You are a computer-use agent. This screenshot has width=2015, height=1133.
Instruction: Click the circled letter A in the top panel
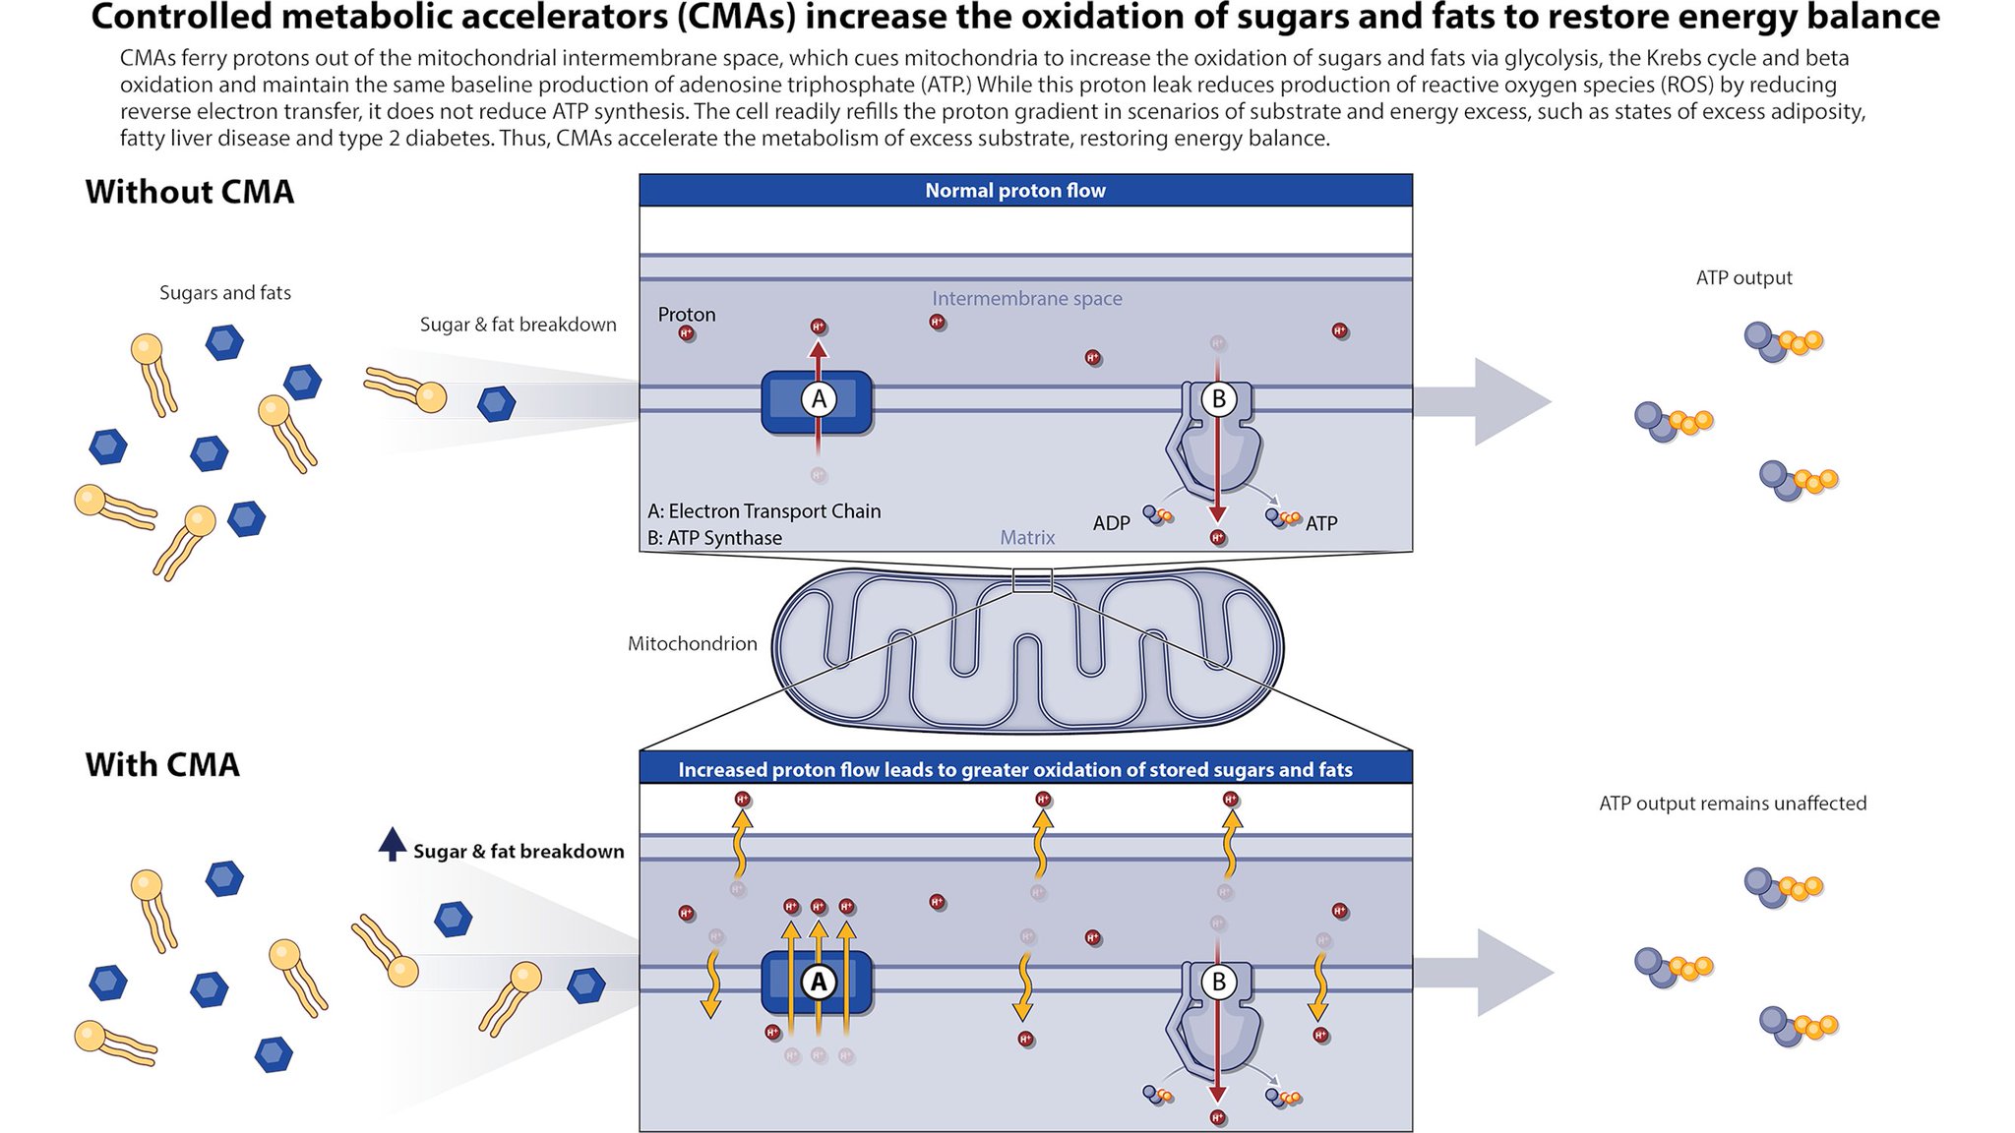[819, 399]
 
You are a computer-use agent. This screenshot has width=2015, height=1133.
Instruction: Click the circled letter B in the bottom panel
[1218, 981]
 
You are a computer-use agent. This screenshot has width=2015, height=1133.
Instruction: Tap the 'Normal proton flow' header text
[1014, 191]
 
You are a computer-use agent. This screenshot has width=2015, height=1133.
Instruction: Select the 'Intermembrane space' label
[1026, 298]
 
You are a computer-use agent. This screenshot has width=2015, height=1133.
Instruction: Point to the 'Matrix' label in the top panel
[1027, 537]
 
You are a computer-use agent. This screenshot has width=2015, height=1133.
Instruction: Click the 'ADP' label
[1111, 523]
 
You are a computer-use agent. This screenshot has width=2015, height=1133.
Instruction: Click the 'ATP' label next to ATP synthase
[1320, 523]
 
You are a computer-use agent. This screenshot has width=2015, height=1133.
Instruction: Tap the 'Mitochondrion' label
[692, 643]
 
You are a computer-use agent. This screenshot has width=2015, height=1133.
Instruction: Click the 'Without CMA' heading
[189, 191]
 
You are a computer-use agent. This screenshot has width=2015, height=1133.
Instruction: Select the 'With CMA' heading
[162, 764]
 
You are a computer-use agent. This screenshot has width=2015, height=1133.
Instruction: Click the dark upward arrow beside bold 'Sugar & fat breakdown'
[392, 844]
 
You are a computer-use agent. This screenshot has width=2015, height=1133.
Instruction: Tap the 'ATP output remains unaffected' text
[1732, 803]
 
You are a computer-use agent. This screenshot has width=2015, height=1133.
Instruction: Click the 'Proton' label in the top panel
[686, 314]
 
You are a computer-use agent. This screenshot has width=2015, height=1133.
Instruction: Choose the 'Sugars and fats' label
[224, 292]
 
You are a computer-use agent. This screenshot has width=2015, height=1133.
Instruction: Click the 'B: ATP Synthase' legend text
[714, 538]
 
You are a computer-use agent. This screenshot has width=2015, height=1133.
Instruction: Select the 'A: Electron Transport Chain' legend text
[763, 510]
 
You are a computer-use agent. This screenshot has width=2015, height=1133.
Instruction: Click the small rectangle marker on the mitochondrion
[1032, 580]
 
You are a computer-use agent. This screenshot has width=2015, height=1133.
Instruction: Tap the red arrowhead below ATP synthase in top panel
[1218, 513]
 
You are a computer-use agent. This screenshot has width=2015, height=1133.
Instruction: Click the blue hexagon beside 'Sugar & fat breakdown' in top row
[496, 402]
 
